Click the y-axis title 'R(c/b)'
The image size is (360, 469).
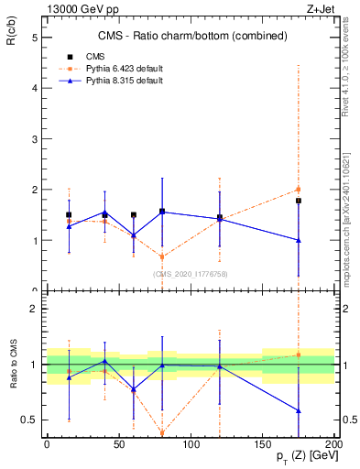click(x=15, y=28)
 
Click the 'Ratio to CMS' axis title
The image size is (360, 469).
click(x=15, y=365)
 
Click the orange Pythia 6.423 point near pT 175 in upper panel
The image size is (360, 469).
click(x=298, y=190)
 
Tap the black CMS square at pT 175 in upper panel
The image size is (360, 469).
click(x=298, y=201)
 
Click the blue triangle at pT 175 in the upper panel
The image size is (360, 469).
click(x=298, y=240)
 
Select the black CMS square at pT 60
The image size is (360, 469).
click(x=134, y=215)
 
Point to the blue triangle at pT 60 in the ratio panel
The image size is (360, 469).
click(x=134, y=389)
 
